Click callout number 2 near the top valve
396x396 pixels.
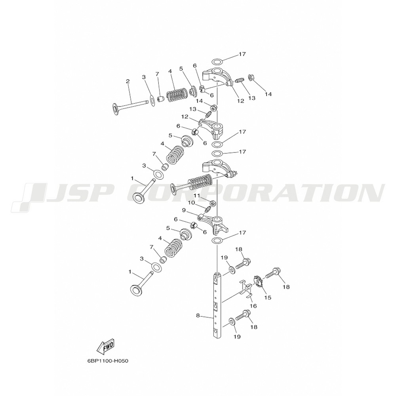128,81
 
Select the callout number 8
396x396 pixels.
198,316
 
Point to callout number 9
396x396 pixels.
184,210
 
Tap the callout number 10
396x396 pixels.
191,202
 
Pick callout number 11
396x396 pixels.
196,196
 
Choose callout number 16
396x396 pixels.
254,306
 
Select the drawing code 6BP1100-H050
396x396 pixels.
108,361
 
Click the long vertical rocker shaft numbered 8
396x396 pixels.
217,305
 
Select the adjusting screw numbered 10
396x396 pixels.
208,208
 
